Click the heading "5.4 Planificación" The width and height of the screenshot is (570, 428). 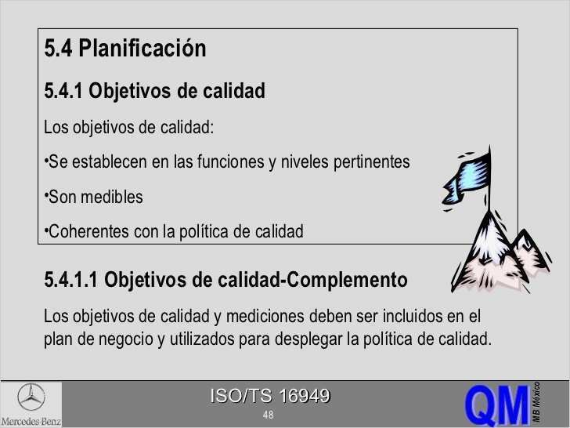tap(125, 49)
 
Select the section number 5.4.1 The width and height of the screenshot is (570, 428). tap(63, 92)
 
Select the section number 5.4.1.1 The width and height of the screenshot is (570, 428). tap(71, 280)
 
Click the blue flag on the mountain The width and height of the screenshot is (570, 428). tap(467, 172)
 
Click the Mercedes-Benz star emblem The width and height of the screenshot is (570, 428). tap(31, 397)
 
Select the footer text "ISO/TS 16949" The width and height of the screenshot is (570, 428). tap(269, 397)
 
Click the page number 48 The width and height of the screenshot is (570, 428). tap(269, 415)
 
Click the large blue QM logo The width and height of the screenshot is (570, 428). tap(496, 404)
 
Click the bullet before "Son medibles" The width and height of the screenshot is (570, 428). tap(46, 195)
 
